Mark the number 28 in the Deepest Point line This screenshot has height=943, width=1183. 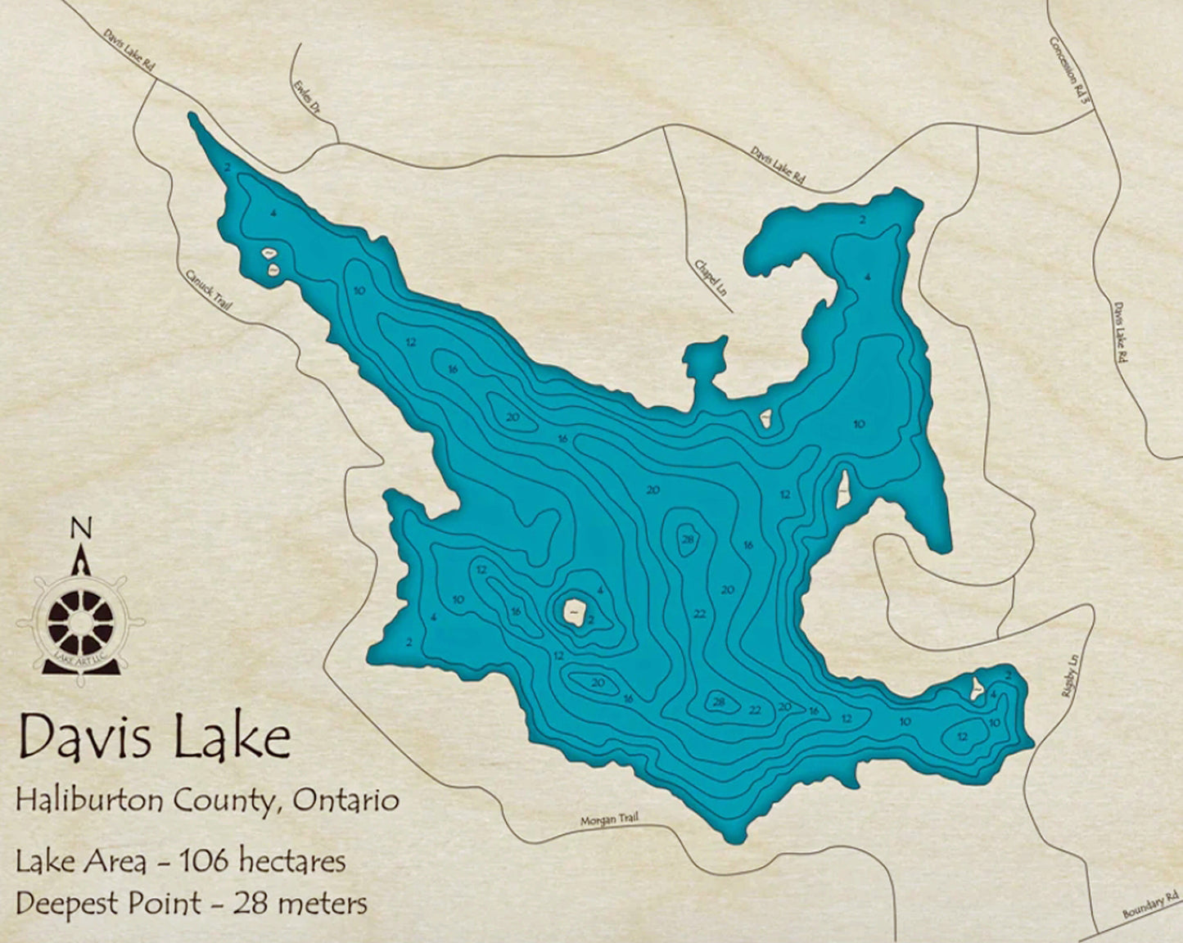click(251, 904)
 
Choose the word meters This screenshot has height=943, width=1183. click(322, 904)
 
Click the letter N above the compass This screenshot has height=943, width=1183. click(80, 529)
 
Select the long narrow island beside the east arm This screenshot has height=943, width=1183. click(842, 489)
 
